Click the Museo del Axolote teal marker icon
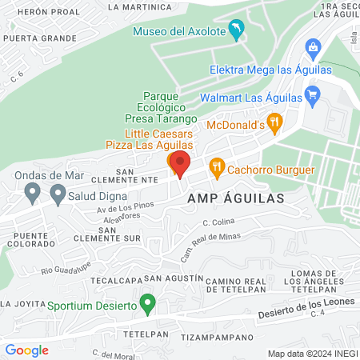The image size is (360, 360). tap(237, 31)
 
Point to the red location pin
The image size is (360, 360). tap(180, 164)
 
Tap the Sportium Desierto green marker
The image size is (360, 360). tap(147, 303)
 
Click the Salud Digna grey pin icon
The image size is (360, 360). tap(58, 193)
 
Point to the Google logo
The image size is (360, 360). tap(26, 350)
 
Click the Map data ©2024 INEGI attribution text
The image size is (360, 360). tap(312, 354)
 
